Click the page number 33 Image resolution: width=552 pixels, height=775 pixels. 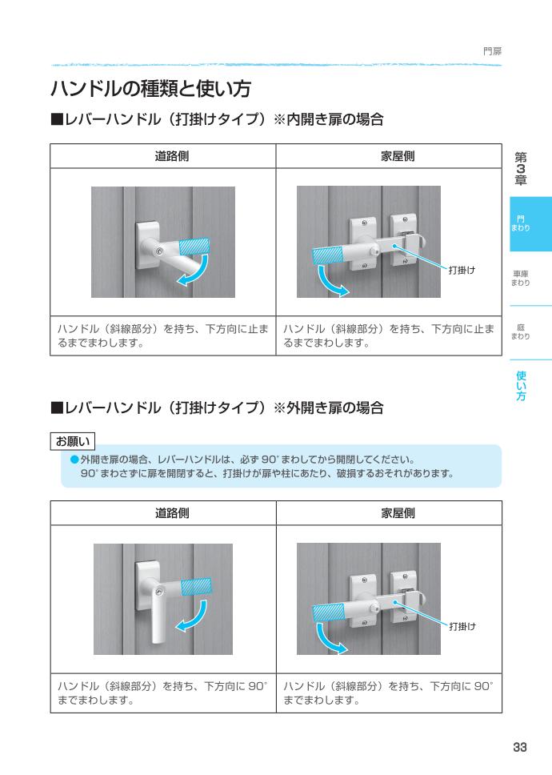point(520,747)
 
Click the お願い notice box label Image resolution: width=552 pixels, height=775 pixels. point(73,441)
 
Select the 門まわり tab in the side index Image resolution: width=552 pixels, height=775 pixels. point(521,224)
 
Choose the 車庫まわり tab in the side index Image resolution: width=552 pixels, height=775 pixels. point(521,279)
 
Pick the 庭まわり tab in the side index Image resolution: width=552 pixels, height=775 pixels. point(521,331)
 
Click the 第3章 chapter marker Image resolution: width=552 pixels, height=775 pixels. point(521,169)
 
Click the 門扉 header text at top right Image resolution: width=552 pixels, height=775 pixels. point(492,52)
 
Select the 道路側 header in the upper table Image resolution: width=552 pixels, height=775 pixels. point(172,156)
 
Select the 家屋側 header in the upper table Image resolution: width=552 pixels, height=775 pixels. point(398,156)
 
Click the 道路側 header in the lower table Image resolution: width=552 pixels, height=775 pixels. point(172,513)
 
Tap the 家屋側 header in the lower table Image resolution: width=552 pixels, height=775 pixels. point(398,513)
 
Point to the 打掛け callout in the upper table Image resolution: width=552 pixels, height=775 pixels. point(462,270)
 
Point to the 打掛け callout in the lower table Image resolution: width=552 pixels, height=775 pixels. point(462,626)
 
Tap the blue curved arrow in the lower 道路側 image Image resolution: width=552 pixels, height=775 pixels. point(193,617)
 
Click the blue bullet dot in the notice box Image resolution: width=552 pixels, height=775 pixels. point(74,460)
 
